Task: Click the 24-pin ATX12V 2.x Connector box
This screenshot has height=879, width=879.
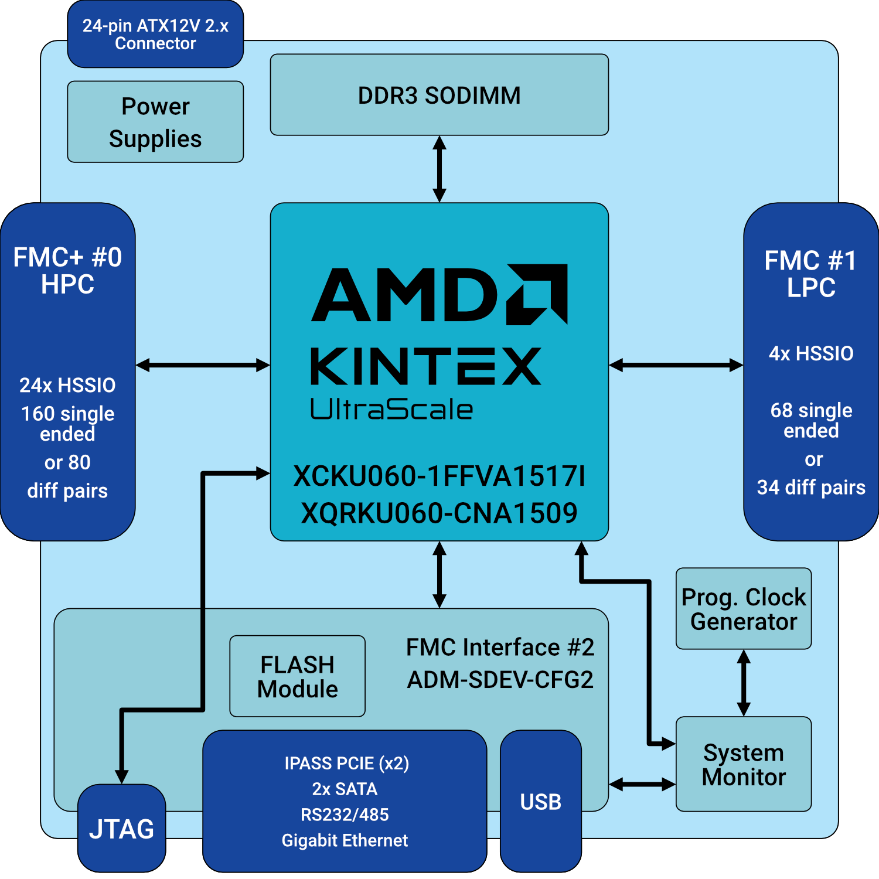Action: pos(155,35)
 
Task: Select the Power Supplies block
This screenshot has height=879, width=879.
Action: pos(155,122)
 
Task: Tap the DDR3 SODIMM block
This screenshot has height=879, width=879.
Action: pos(439,95)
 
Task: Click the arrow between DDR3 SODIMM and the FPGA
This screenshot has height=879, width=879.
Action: pos(439,169)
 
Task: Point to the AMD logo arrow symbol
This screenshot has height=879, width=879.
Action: pos(537,294)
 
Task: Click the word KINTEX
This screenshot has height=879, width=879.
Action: pos(425,366)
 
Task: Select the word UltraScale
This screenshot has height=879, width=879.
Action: pos(391,410)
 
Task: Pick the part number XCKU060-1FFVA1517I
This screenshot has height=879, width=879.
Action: pos(439,476)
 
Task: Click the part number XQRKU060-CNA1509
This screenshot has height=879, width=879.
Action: pos(439,513)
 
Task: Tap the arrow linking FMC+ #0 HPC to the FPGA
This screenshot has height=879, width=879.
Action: pos(203,366)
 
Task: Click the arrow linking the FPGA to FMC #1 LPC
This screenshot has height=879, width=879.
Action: pos(676,366)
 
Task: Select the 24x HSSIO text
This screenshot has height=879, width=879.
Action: pos(67,385)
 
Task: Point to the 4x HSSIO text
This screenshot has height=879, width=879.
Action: pos(811,353)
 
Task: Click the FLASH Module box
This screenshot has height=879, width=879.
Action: pos(297,676)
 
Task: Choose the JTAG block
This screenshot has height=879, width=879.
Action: pos(121,829)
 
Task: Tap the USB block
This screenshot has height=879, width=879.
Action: pos(540,801)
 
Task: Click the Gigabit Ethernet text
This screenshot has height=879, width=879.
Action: pos(345,840)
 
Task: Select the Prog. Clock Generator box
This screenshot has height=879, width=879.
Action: pos(743,609)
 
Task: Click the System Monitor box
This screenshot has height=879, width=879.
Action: pos(743,764)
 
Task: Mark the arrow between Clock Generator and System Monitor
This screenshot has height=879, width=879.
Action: pos(744,683)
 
